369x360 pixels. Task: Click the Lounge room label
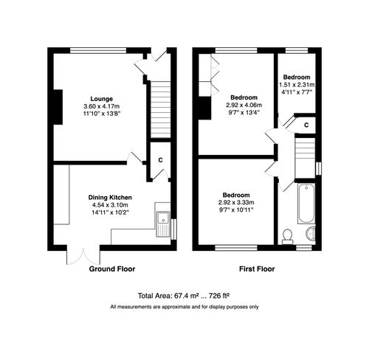(102, 99)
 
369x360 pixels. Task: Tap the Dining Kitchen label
(110, 197)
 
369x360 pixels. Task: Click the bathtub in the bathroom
(306, 205)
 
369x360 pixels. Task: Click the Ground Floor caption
(112, 270)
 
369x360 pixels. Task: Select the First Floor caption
(256, 270)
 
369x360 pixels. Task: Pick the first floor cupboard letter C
(306, 126)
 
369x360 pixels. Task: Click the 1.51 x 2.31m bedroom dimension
(296, 86)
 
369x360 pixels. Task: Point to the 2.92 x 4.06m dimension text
(244, 105)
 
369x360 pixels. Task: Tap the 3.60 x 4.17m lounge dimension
(102, 107)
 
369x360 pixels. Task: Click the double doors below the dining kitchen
(79, 255)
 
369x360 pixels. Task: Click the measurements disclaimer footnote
(184, 306)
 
